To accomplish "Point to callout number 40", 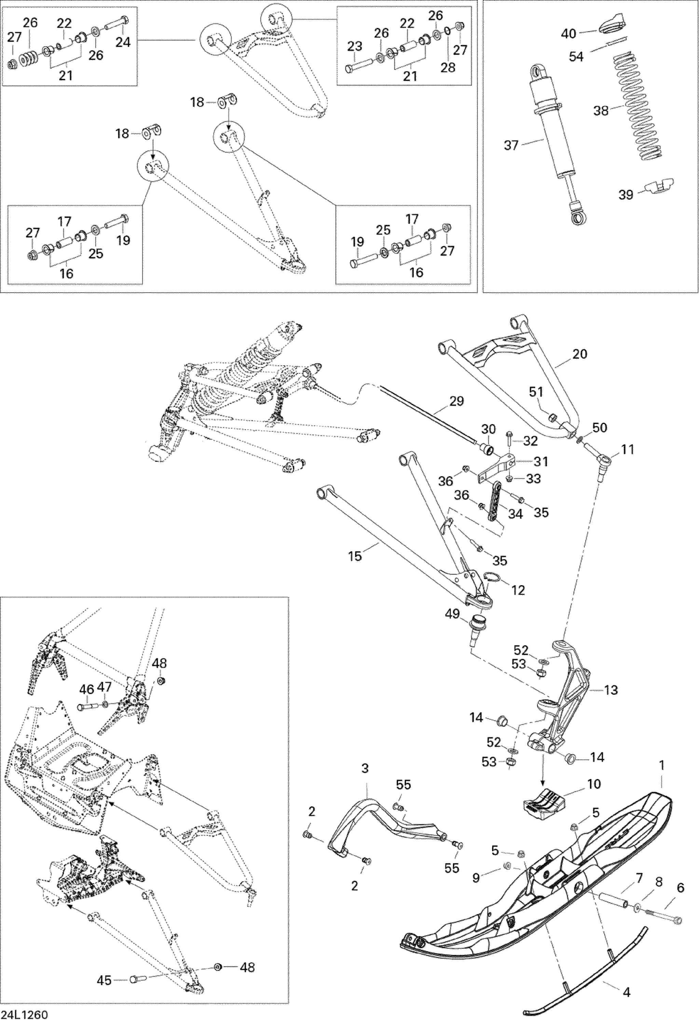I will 569,33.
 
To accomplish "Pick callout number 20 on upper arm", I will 580,354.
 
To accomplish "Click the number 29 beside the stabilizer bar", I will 456,401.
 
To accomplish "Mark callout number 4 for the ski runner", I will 626,977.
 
